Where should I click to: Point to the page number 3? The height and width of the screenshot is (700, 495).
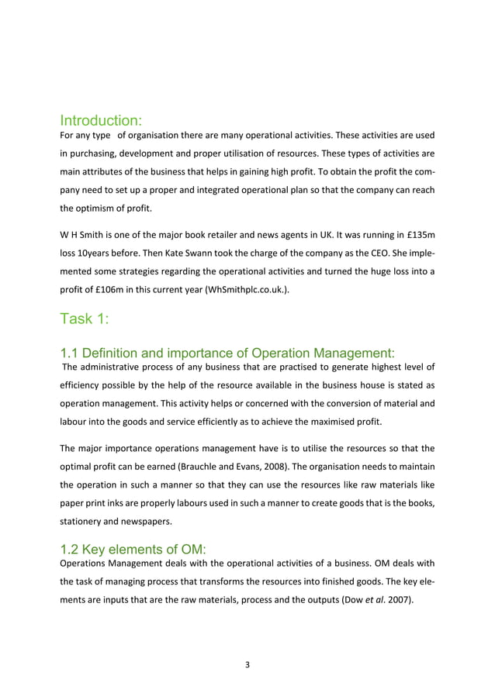pyautogui.click(x=247, y=664)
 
